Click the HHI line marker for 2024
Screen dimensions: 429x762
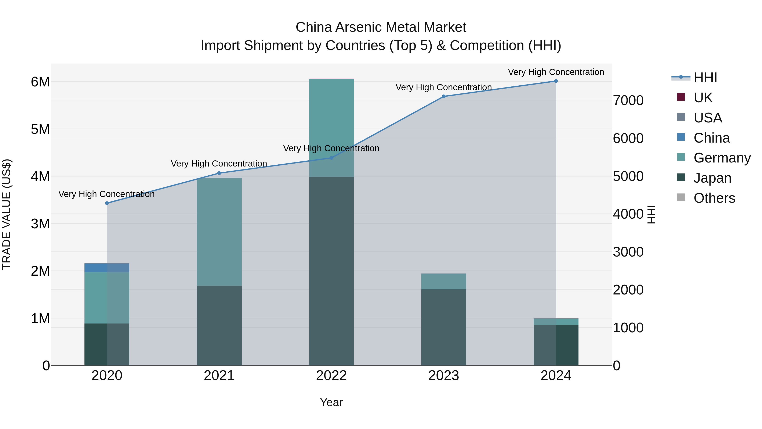[556, 81]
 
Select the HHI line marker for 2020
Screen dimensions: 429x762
[107, 203]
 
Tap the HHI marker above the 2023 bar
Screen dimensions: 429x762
[443, 97]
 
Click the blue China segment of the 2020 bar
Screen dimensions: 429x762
[107, 268]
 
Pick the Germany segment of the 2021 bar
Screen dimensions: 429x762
[219, 232]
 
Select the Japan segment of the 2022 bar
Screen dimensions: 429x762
[331, 271]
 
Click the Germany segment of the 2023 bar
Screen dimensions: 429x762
[443, 281]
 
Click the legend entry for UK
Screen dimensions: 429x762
[703, 97]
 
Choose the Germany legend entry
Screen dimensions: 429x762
[722, 158]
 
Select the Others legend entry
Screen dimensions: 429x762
[714, 198]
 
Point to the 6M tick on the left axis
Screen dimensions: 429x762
[40, 82]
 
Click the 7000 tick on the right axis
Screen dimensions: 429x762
[628, 101]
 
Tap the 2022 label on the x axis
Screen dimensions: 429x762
[331, 376]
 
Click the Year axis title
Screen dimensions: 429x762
[331, 402]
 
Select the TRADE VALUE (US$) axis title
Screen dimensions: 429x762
[7, 214]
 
